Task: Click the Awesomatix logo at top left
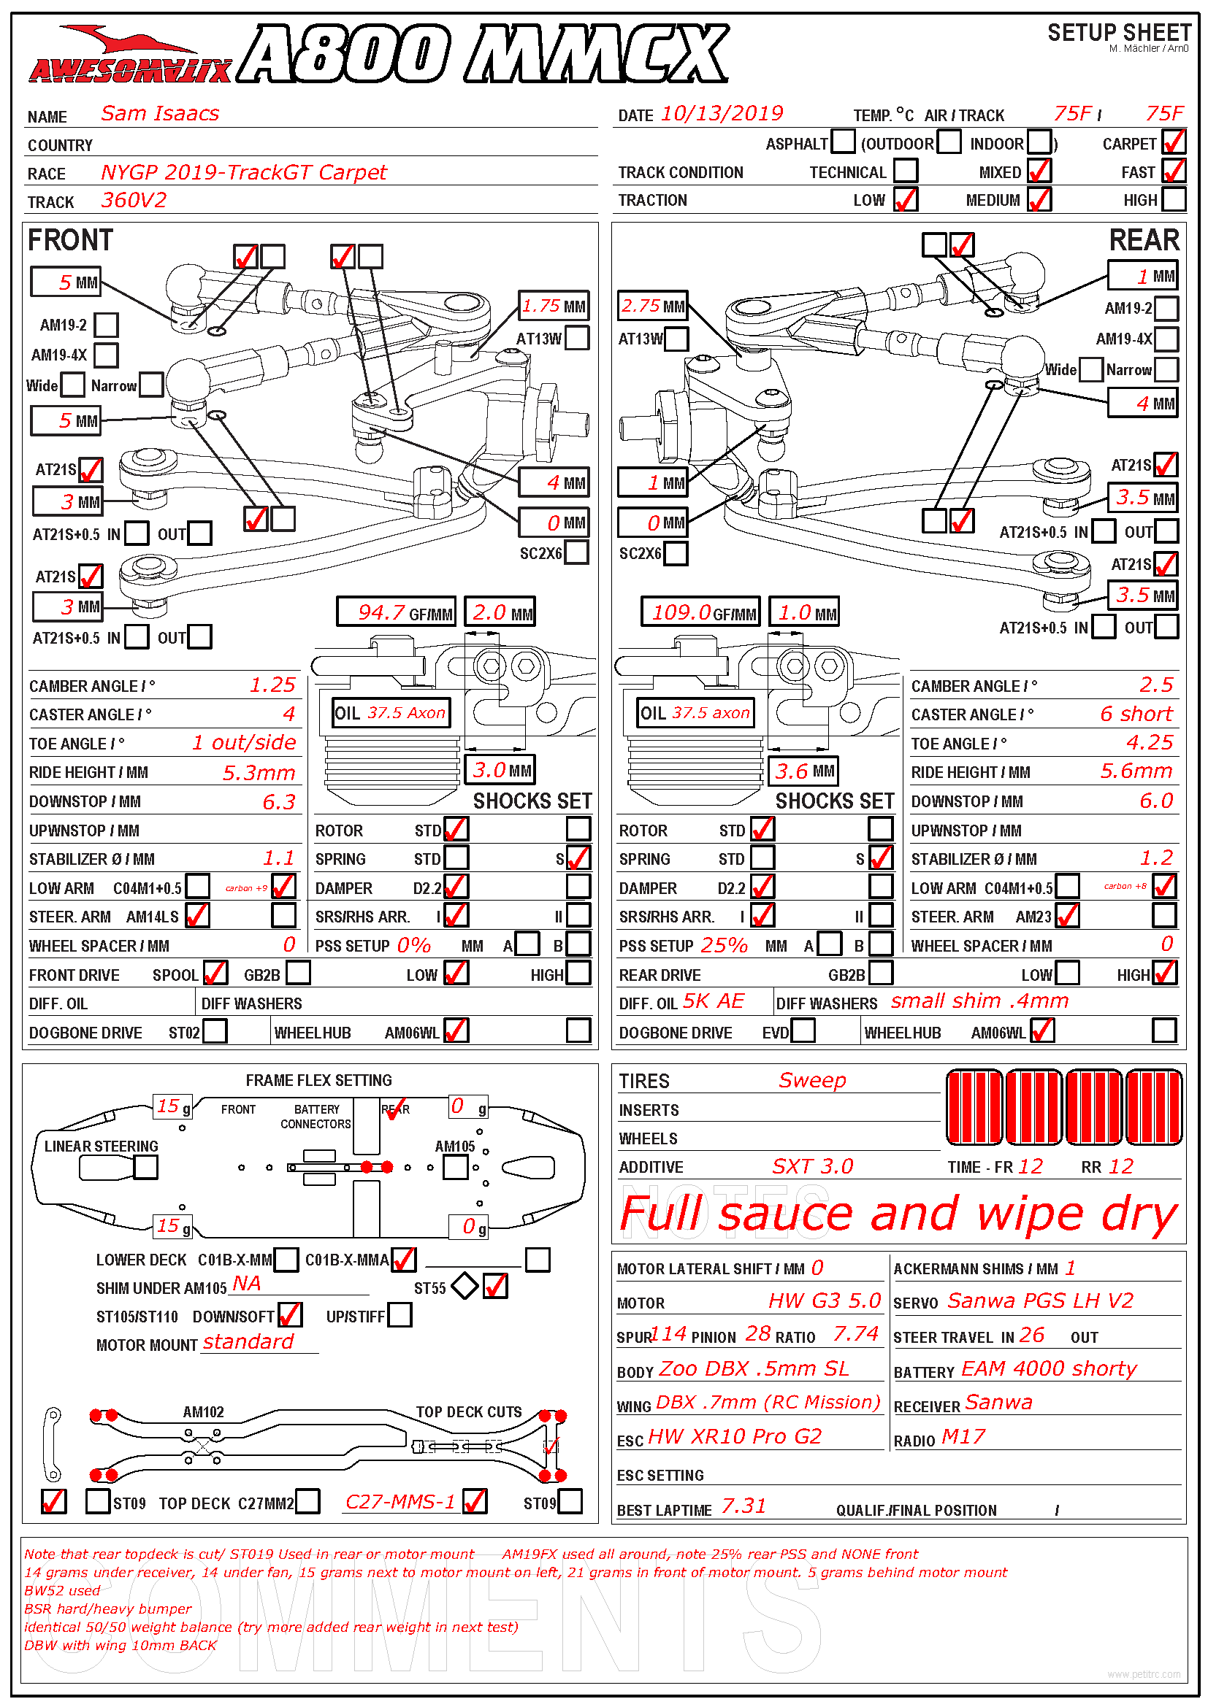(x=130, y=54)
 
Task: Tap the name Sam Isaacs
(x=160, y=113)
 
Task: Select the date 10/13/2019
(x=722, y=113)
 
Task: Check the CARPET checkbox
(x=1174, y=142)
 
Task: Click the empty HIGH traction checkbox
(x=1174, y=199)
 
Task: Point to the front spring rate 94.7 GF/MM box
(x=395, y=612)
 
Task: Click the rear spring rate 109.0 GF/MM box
(x=700, y=612)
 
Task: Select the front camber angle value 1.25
(x=273, y=685)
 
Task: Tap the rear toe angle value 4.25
(x=1150, y=742)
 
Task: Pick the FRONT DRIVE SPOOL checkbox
(x=215, y=972)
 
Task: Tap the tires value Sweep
(x=812, y=1079)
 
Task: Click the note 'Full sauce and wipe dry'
(x=898, y=1214)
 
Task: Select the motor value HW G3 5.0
(x=824, y=1301)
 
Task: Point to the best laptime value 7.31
(x=743, y=1506)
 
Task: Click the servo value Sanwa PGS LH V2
(x=1040, y=1301)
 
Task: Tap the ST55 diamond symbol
(x=465, y=1285)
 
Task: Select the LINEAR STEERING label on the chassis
(x=102, y=1146)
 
